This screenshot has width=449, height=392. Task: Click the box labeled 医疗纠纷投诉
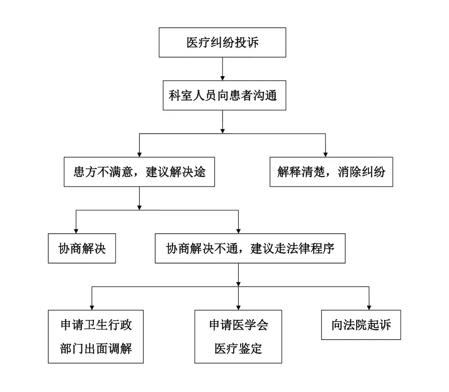pos(222,42)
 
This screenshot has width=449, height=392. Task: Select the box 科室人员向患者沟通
pos(224,95)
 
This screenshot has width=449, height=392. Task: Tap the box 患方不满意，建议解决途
pos(139,172)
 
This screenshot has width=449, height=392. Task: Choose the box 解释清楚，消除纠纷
pos(331,172)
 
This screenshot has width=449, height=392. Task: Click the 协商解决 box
pos(82,248)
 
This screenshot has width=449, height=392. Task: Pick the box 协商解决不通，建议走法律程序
pos(250,248)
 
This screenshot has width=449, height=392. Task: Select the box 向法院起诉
pos(361,325)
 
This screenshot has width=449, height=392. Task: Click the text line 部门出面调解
pos(96,349)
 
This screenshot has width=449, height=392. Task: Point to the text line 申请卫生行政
pos(96,325)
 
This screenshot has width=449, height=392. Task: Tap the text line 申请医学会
pos(239,325)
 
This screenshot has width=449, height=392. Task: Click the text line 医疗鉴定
pos(238,349)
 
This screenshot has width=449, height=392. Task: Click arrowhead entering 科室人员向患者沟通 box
pos(223,78)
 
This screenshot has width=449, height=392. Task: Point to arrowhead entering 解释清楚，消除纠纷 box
pos(326,155)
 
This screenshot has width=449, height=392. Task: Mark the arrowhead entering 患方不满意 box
pos(140,155)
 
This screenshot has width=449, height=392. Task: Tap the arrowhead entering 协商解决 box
pos(76,231)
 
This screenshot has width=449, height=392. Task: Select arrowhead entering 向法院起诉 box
pos(369,308)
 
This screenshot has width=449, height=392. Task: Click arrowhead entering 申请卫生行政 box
pos(92,308)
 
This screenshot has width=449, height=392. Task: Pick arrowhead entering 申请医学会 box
pos(238,308)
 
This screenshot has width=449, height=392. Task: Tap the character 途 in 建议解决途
pos(200,172)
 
